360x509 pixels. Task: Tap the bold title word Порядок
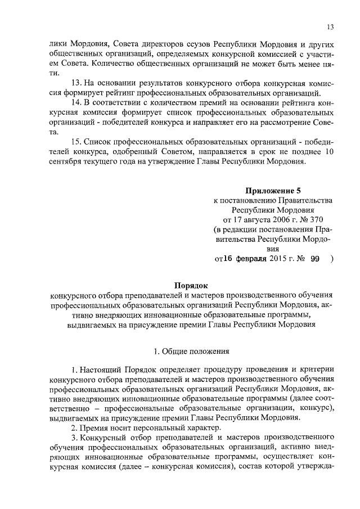pos(192,285)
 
